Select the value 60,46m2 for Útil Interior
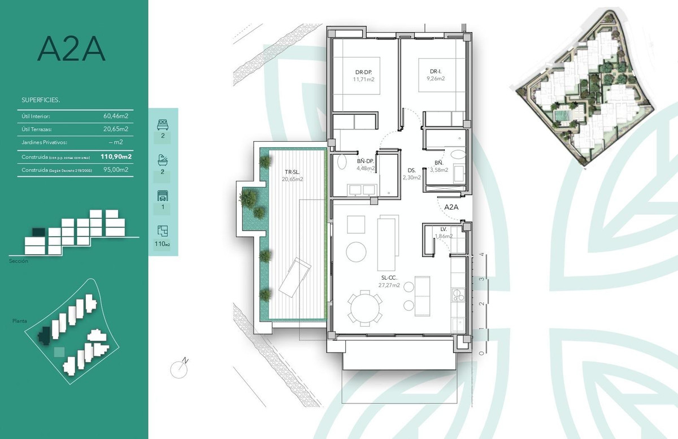(115, 116)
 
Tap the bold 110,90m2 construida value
(116, 157)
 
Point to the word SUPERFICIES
(41, 100)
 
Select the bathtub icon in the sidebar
(162, 160)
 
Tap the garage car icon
(162, 196)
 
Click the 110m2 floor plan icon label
(162, 244)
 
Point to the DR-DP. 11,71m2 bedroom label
(364, 76)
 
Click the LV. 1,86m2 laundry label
(444, 232)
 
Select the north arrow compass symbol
(180, 368)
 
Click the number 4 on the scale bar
(481, 255)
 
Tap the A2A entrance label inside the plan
(451, 207)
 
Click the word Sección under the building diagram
(19, 261)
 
